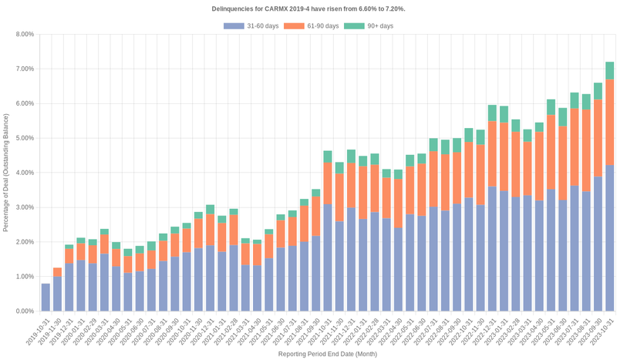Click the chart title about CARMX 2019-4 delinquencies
tap(308, 8)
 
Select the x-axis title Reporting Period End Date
tap(327, 355)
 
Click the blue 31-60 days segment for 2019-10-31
tap(46, 298)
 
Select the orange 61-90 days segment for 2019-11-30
tap(57, 272)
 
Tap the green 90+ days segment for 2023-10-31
tap(609, 71)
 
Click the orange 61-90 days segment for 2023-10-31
tap(609, 123)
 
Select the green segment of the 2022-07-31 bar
tap(433, 145)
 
